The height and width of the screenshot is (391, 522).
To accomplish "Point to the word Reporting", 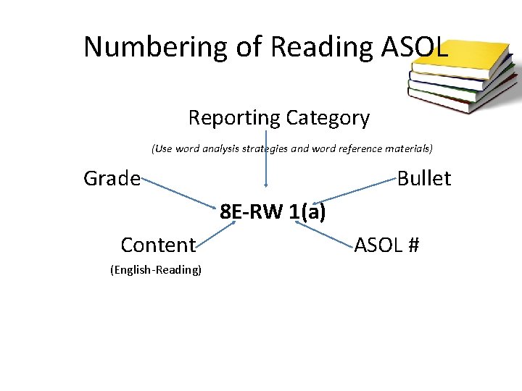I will tap(233, 117).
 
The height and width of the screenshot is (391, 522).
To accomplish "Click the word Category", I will tap(327, 117).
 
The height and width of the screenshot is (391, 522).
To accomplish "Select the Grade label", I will tap(112, 178).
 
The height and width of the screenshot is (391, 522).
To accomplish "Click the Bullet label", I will tap(424, 178).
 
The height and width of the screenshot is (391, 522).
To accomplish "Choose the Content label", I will tap(158, 245).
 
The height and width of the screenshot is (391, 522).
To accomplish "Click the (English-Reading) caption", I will tap(155, 270).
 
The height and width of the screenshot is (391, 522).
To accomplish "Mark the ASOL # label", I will tap(386, 245).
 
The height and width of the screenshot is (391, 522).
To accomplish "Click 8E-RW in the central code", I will tap(251, 213).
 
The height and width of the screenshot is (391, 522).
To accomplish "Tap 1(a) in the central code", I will tap(307, 213).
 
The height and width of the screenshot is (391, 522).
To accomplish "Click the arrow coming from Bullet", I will tap(359, 190).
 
